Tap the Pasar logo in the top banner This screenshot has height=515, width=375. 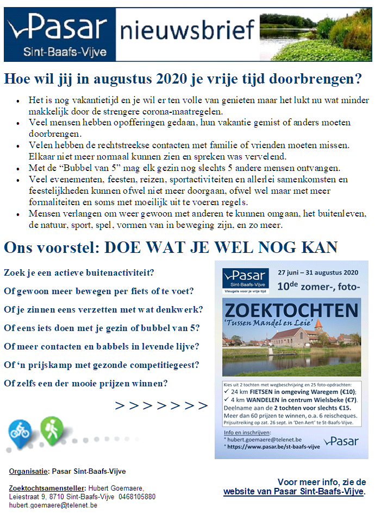click(x=58, y=33)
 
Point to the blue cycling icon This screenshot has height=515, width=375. click(x=20, y=431)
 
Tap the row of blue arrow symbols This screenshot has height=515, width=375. click(x=161, y=406)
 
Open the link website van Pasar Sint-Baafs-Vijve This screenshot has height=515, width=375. click(x=293, y=492)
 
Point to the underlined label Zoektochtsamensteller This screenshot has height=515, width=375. click(x=47, y=488)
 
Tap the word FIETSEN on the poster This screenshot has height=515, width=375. click(x=272, y=391)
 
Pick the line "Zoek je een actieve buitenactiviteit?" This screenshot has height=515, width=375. click(x=79, y=272)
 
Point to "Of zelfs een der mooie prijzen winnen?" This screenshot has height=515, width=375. click(x=86, y=383)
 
